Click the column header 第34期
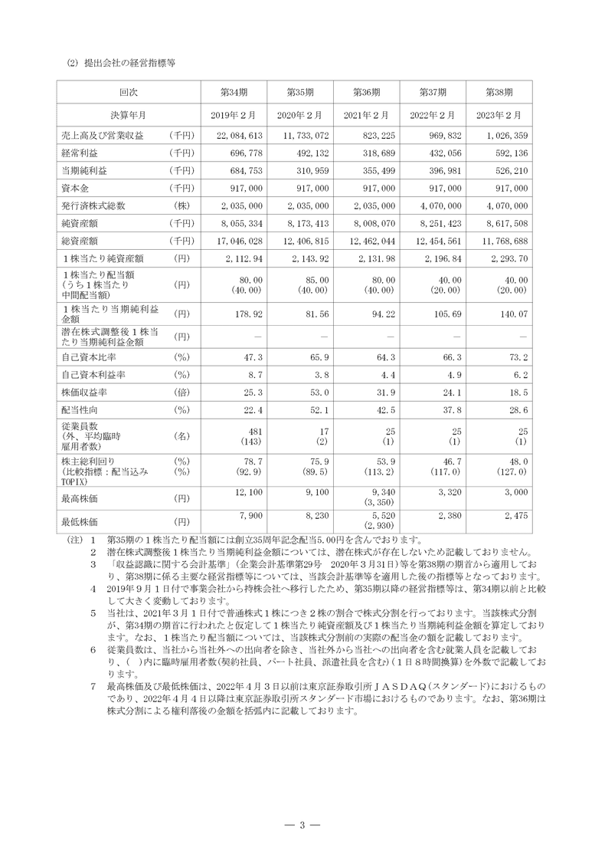(233, 92)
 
